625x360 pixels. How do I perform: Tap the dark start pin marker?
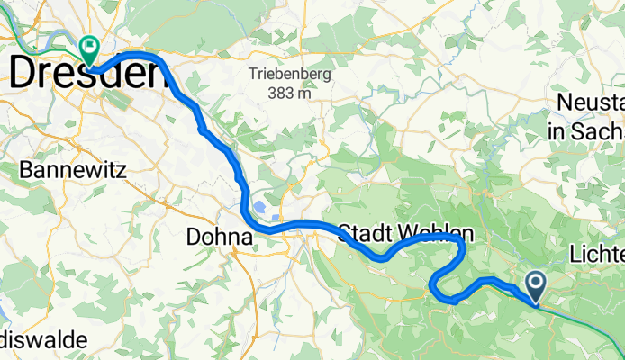(x=535, y=287)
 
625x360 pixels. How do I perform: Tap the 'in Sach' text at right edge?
(x=585, y=131)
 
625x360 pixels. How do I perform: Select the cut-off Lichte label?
(x=597, y=255)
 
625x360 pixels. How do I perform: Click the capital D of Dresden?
(x=23, y=73)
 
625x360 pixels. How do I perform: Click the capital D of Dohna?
(x=192, y=238)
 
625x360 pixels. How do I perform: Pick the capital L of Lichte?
(x=576, y=255)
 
